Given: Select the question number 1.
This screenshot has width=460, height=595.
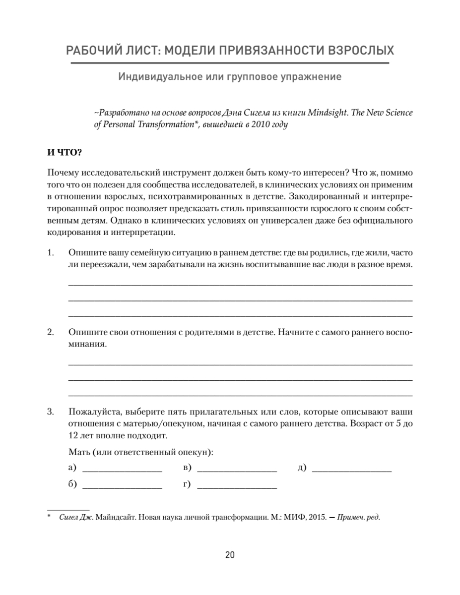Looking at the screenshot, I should click(x=50, y=252).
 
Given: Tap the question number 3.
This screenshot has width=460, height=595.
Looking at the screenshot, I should click(x=50, y=412).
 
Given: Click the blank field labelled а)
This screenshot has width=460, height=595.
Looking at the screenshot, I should click(x=122, y=468).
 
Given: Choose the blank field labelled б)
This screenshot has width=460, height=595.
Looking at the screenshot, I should click(x=122, y=485).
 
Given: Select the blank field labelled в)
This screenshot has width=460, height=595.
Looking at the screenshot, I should click(x=237, y=468).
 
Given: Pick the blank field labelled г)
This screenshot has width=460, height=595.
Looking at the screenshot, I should click(x=237, y=485).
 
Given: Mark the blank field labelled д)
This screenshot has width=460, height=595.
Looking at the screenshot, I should click(x=352, y=468).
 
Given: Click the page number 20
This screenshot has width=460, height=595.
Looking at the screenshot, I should click(x=230, y=555).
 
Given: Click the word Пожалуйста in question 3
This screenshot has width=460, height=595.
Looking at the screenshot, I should click(x=94, y=412).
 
